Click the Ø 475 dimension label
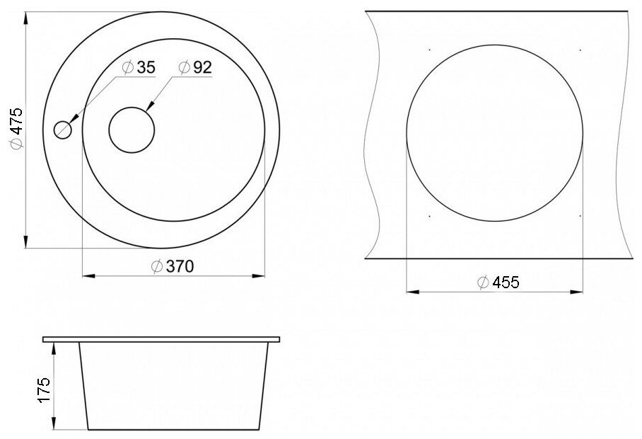tap(17, 128)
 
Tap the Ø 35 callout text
tap(139, 67)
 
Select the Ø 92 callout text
tap(195, 67)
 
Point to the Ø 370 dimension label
tap(173, 266)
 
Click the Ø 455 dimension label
tap(498, 283)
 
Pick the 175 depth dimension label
tap(44, 389)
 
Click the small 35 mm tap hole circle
tap(63, 130)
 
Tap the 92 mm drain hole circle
tap(132, 130)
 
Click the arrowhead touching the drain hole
tap(149, 107)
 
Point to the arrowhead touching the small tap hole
tap(74, 118)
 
